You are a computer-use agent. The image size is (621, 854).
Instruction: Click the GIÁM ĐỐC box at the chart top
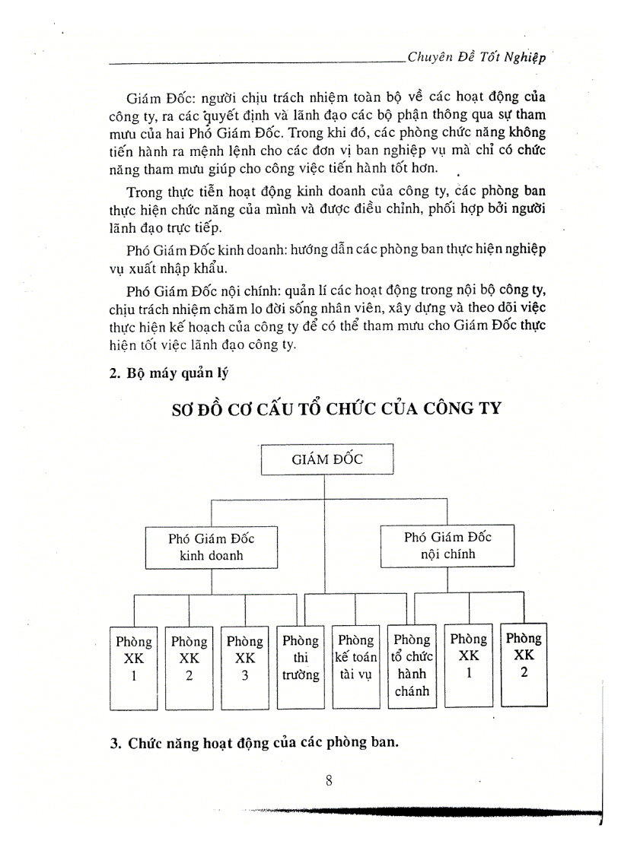pos(327,459)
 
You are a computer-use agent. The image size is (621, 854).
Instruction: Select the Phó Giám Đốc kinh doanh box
pos(211,546)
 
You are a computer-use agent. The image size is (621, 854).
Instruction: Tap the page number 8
pos(329,779)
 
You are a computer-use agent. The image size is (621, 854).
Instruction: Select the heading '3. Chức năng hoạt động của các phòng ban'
pos(255,743)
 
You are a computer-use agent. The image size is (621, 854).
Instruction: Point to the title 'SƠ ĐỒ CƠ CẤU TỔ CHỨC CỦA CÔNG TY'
pos(335,408)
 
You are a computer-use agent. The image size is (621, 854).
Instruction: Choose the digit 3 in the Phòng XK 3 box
pos(245,675)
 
